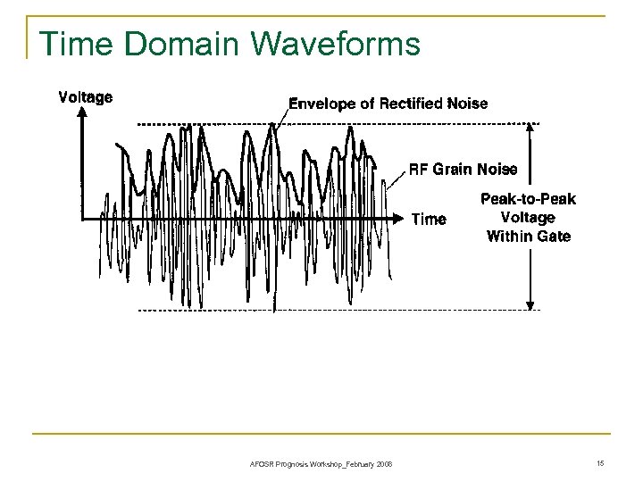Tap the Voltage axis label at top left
(x=86, y=96)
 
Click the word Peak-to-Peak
(x=529, y=199)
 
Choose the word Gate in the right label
(x=554, y=237)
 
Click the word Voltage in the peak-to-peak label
(x=529, y=218)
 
